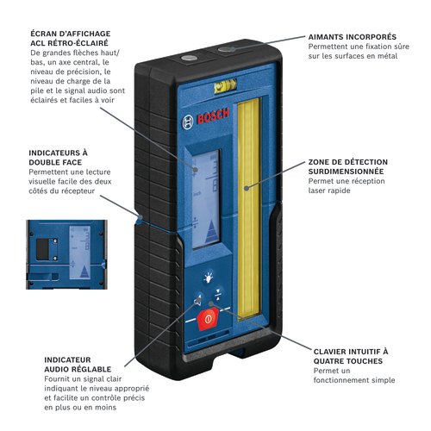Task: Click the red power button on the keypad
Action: point(208,319)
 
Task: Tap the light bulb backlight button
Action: point(209,278)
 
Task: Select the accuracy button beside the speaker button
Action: point(218,294)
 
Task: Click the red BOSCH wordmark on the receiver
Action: point(213,116)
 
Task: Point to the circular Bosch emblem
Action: point(188,122)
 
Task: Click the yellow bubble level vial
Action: point(225,85)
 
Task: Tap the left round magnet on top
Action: point(189,58)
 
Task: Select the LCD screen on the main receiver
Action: point(206,198)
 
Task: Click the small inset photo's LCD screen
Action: point(80,253)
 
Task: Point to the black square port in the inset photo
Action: point(42,249)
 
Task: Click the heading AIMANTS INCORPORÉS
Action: point(353,37)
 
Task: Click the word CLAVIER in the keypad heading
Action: point(331,352)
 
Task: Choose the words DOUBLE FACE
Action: point(55,162)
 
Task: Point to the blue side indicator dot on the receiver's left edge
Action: point(141,217)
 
